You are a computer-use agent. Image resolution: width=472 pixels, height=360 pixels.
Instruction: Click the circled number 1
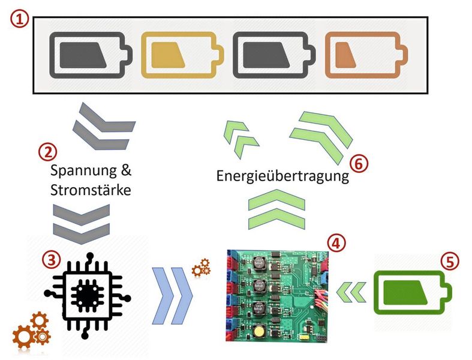tap(19, 19)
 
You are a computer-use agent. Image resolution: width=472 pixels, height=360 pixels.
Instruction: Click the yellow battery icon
tap(179, 55)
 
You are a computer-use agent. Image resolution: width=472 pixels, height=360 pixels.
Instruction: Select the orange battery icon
tap(366, 55)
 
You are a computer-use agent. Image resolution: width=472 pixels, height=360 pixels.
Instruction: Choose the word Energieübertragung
tap(282, 177)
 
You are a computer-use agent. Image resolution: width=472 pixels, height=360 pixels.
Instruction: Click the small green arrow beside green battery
tap(351, 292)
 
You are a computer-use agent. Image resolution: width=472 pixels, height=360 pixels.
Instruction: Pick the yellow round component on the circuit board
tap(259, 332)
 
